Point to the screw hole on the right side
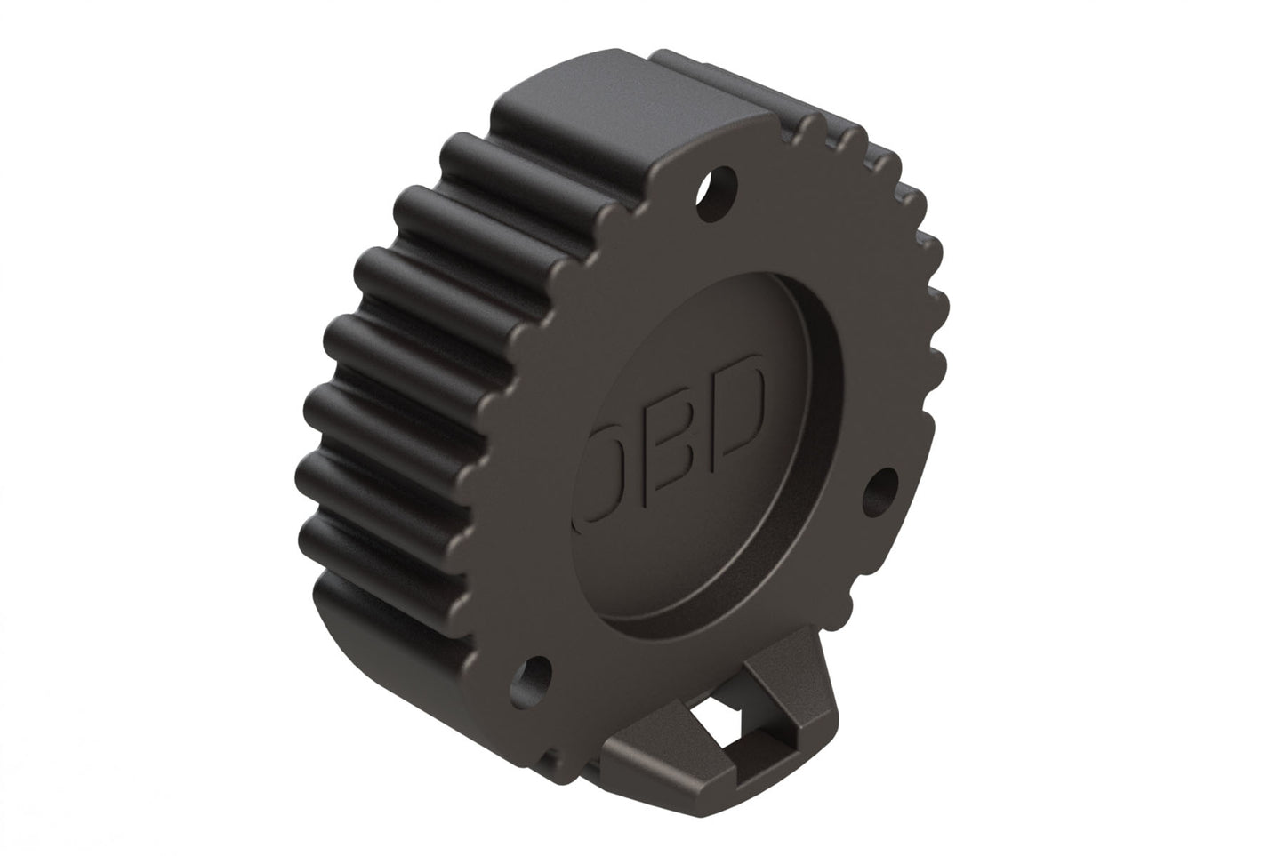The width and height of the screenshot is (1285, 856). tap(879, 487)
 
